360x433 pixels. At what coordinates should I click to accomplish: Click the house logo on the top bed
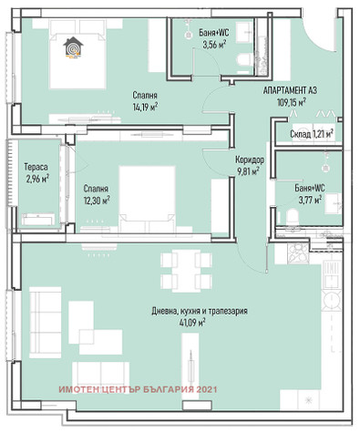coord(73,46)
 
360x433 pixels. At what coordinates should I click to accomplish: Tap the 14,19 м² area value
coord(145,107)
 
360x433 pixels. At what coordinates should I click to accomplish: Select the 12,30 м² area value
coord(97,201)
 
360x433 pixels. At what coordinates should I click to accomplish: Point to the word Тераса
coord(36,167)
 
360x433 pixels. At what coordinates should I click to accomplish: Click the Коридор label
coord(250,160)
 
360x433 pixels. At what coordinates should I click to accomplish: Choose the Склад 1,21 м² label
coord(312,134)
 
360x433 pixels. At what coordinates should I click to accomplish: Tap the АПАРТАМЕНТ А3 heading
coord(290,90)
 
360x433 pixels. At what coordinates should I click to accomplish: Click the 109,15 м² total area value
coord(292,102)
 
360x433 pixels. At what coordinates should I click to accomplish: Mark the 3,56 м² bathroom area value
coord(214,45)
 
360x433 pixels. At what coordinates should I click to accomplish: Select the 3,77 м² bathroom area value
coord(310,200)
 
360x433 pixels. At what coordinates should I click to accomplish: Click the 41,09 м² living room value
coord(192,322)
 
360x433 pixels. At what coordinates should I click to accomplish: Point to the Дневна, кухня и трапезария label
coord(200,311)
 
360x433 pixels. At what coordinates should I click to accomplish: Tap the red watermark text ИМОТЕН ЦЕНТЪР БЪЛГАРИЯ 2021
coord(138,389)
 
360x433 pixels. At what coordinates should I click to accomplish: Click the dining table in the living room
coord(186,271)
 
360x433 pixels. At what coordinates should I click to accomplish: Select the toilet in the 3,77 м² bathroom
coord(293,216)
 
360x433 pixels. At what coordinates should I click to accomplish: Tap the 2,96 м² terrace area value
coord(37,179)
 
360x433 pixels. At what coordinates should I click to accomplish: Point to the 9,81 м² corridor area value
coord(247,171)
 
